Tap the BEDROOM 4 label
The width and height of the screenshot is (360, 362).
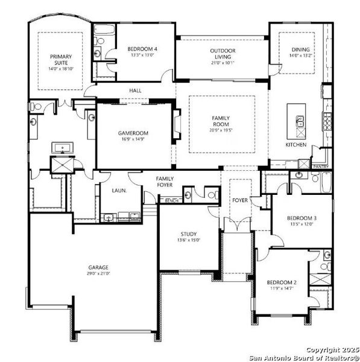pyautogui.click(x=143, y=49)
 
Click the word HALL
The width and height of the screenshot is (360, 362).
pyautogui.click(x=135, y=91)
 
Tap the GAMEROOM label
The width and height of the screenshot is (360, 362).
pyautogui.click(x=134, y=133)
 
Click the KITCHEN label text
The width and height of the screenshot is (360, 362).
pyautogui.click(x=296, y=145)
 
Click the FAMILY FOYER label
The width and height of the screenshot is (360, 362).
pyautogui.click(x=165, y=182)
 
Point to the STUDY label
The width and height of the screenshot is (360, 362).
pyautogui.click(x=189, y=234)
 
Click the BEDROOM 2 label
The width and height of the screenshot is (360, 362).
pyautogui.click(x=282, y=282)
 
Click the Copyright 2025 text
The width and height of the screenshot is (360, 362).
pyautogui.click(x=332, y=349)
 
